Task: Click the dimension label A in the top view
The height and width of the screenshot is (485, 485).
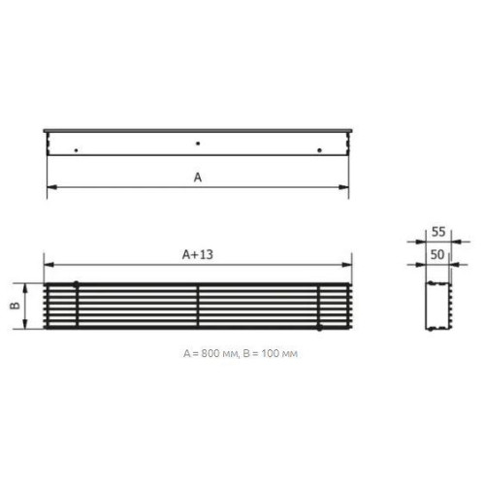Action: tap(198, 178)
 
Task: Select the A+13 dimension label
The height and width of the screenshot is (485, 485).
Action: tap(198, 255)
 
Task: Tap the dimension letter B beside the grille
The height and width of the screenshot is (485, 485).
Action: tap(16, 306)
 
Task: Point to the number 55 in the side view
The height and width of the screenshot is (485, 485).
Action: tap(438, 232)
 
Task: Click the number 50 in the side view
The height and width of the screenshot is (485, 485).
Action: tap(437, 255)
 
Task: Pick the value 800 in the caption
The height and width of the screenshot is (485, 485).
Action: tap(211, 353)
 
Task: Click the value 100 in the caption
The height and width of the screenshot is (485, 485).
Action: tap(271, 353)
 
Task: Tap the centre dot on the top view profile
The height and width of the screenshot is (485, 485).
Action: tap(198, 144)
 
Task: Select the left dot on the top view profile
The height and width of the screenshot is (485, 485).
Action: tap(76, 150)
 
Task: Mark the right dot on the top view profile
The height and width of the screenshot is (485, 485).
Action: tap(319, 150)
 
